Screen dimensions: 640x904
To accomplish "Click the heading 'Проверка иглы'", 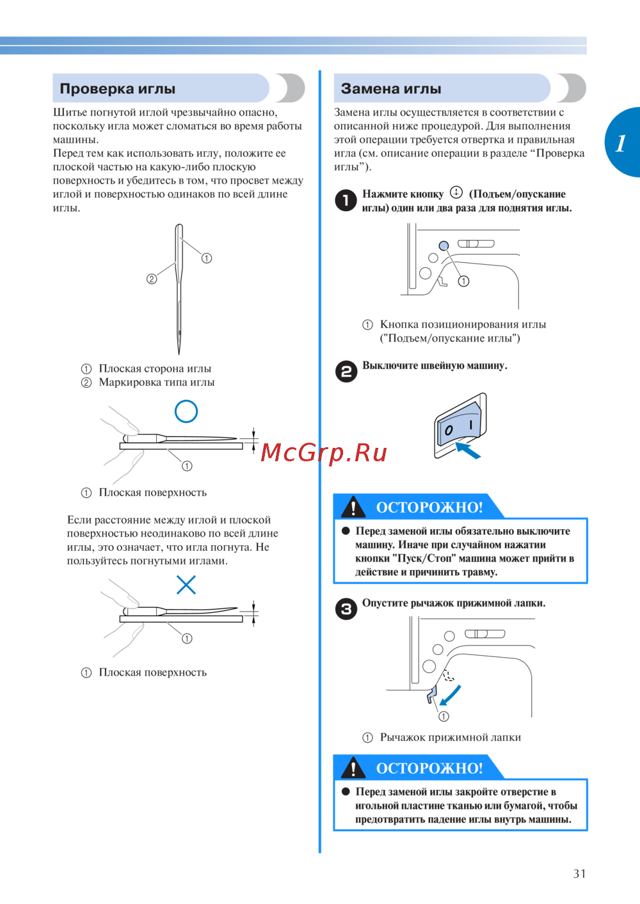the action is coord(118,88).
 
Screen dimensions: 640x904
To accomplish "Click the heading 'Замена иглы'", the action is coord(391,88).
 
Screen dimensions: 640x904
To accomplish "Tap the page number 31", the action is coord(579,873).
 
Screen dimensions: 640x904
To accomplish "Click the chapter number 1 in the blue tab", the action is coord(620,143).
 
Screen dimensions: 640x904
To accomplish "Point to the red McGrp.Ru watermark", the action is coord(323,452).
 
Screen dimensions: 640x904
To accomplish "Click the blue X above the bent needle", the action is coord(186,585).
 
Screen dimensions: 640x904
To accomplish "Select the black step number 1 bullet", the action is coord(346,201).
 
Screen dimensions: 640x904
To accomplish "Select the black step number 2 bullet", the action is coord(346,371).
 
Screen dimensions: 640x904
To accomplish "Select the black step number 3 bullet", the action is coord(346,609).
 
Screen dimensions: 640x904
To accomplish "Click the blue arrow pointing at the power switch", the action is coord(468,450).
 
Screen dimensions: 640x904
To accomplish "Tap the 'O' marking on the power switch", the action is coord(449,431).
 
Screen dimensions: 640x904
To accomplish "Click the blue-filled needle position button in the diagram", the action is coord(444,246).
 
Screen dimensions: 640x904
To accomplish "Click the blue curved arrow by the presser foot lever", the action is coord(451,695).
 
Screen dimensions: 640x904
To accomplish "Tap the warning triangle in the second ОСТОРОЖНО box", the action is coord(353,768).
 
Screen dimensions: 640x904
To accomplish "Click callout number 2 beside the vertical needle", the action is coord(152,278).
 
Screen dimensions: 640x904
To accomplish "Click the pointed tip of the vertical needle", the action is coord(179,354).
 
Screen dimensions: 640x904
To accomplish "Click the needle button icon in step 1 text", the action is coord(456,193).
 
